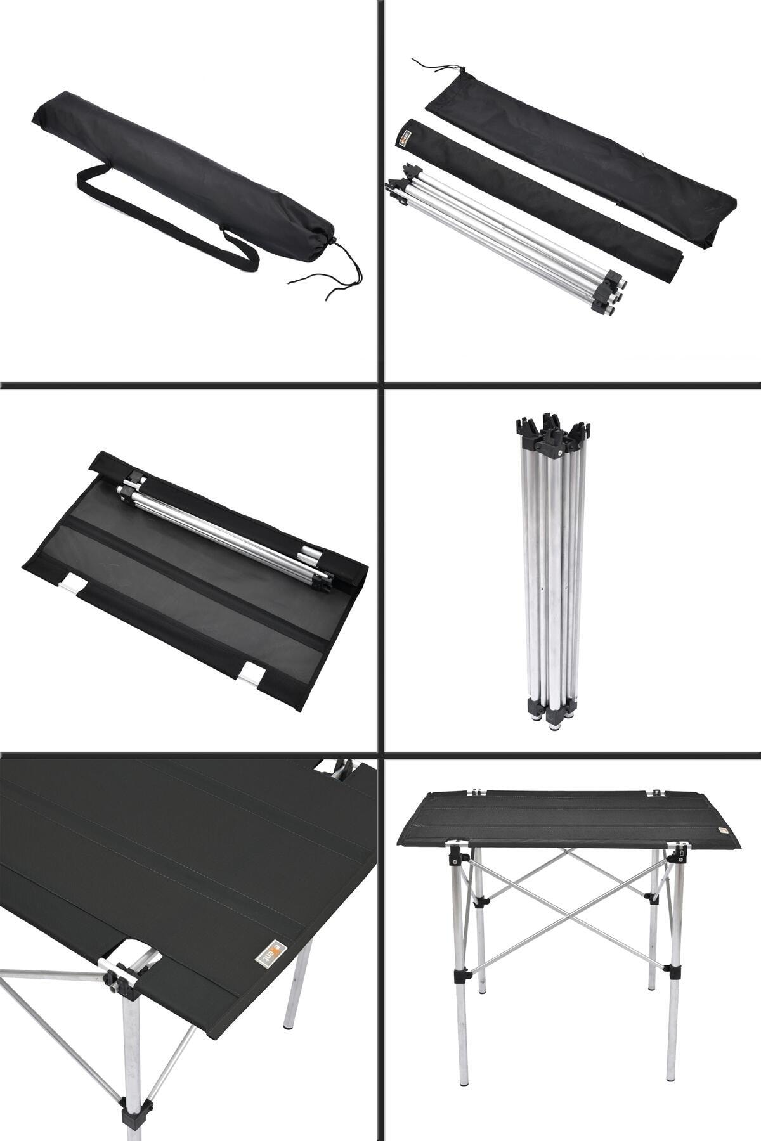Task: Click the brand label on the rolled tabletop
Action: point(407,137)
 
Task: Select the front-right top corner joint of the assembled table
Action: point(681,853)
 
